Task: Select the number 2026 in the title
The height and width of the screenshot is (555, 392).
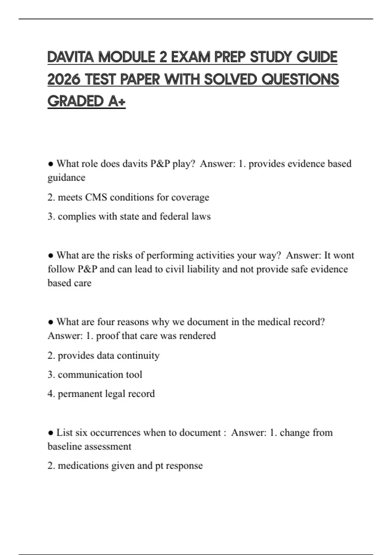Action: tap(64, 79)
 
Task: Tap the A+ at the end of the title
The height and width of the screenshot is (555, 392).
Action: tap(117, 101)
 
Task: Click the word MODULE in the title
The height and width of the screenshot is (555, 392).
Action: tap(126, 57)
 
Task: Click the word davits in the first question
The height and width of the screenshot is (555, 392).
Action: tap(135, 164)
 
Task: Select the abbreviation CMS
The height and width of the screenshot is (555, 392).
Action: tap(96, 197)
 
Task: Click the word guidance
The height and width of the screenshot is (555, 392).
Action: tap(66, 178)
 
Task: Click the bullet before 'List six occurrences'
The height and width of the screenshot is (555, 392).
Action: tap(51, 433)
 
